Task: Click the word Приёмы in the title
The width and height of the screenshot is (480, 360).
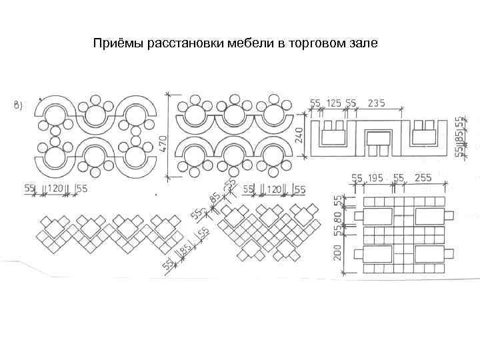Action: (114, 45)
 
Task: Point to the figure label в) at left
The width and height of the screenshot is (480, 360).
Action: (18, 105)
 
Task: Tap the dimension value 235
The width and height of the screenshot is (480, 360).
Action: (377, 103)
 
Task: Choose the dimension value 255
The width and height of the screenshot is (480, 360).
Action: (423, 178)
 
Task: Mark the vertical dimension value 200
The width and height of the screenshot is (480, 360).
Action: (338, 251)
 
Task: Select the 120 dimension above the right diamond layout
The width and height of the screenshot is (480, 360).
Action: (273, 190)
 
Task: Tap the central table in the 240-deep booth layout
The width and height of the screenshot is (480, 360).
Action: (379, 139)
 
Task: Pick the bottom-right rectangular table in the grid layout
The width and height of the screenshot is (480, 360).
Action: (430, 255)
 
